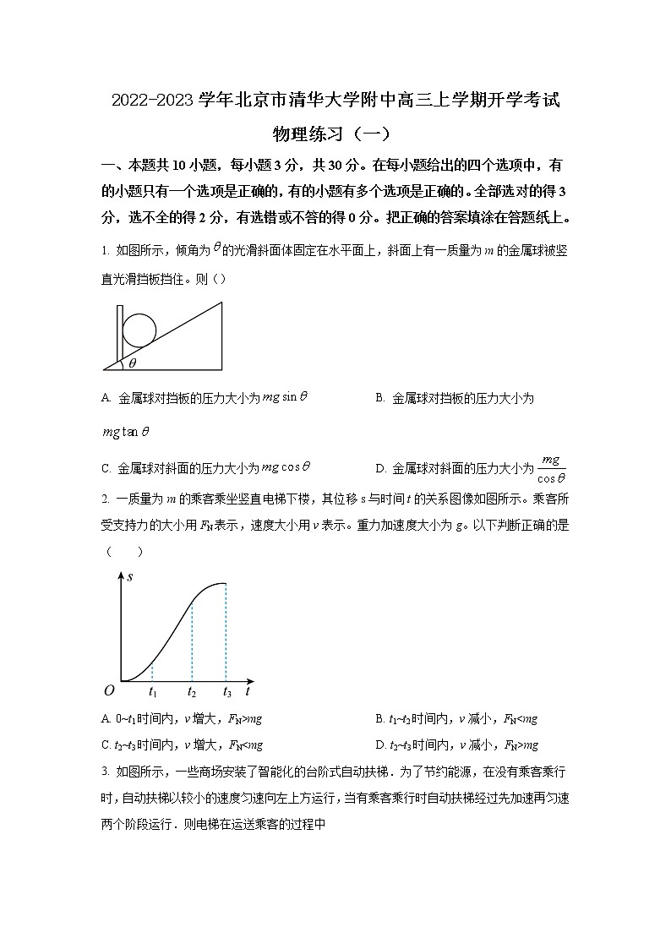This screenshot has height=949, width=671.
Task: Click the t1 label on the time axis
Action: pos(153,692)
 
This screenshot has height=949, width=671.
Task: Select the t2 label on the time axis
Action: pos(193,692)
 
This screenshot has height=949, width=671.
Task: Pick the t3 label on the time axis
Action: pos(226,692)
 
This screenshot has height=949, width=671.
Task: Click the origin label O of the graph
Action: pos(109,690)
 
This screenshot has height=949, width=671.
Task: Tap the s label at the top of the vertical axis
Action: pos(129,577)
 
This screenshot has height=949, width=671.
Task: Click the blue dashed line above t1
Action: pos(152,672)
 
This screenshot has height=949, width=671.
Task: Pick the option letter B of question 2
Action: pos(379,719)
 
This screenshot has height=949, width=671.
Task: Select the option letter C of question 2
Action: pos(106,745)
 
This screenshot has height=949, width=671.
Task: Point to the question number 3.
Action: pos(104,771)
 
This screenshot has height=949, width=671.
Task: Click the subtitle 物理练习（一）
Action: pos(335,134)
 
